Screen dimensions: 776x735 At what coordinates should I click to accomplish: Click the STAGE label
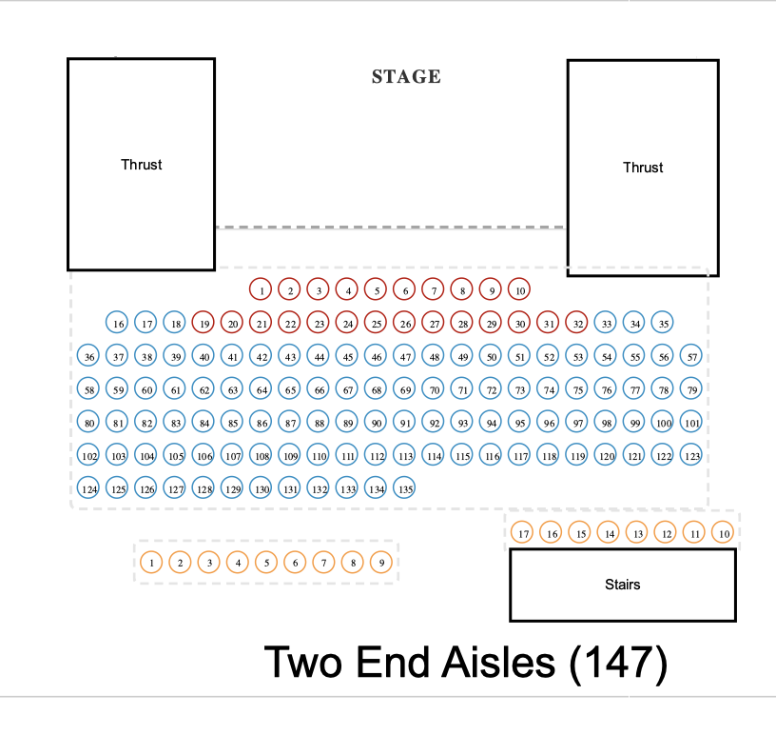click(x=406, y=77)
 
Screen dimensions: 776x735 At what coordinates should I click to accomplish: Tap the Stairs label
click(x=623, y=584)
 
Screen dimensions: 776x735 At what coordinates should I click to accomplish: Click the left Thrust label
click(x=142, y=165)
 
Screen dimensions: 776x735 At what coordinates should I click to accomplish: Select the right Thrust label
click(x=643, y=168)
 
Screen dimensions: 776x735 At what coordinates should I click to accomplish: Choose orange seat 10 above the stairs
click(x=724, y=532)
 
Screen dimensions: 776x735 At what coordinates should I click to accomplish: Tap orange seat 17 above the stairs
click(x=522, y=532)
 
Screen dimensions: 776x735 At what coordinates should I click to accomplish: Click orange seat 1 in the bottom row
click(x=152, y=563)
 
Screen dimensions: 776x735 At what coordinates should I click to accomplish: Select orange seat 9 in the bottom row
click(x=381, y=563)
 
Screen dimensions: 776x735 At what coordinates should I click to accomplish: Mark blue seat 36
click(x=89, y=357)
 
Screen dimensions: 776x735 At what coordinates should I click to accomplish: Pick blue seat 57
click(x=692, y=357)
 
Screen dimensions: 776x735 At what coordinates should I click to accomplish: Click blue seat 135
click(x=405, y=488)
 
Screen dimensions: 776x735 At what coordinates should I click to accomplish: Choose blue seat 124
click(x=89, y=488)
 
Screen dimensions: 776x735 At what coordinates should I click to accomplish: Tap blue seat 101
click(x=692, y=422)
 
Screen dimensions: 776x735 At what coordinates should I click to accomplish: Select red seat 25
click(x=377, y=324)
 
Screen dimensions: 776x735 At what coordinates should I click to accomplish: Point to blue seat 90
click(x=377, y=422)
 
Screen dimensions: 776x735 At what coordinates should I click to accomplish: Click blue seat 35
click(x=664, y=324)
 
